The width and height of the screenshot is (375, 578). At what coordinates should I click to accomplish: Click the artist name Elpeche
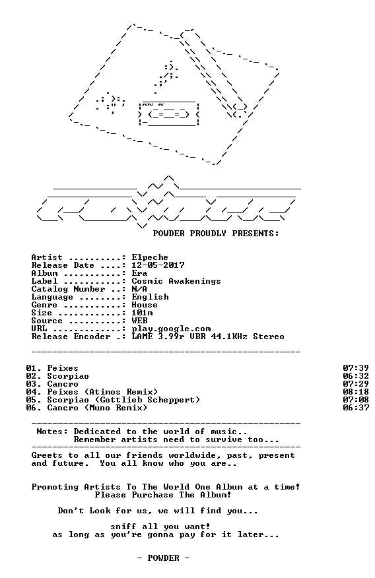coord(150,257)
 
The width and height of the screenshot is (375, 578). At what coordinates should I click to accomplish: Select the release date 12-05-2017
coord(158,265)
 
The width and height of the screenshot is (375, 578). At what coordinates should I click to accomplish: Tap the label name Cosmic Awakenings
coord(176,281)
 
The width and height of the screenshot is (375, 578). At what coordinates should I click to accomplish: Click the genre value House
coord(145,305)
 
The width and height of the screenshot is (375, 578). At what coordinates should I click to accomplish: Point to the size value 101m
coord(142,313)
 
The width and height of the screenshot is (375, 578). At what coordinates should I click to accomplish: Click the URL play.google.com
coord(171,329)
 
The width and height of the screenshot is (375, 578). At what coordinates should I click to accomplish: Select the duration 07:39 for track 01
coord(356,368)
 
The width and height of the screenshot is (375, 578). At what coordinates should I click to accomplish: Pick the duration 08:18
coord(356,392)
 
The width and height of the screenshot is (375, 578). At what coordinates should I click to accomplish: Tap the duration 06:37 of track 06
coord(356,408)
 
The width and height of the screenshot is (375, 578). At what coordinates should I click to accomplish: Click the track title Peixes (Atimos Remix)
coord(102,392)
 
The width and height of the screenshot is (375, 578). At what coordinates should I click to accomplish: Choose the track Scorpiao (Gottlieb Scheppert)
coord(123,400)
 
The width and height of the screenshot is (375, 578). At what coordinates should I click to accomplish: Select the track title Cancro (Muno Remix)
coord(97,408)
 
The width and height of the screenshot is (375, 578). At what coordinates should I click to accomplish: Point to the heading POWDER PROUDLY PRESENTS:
coord(216,234)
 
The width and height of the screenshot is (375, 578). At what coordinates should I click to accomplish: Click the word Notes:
coord(52,432)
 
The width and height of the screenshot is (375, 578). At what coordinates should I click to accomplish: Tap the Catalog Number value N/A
coord(139,289)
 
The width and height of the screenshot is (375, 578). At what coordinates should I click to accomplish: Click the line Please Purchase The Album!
coord(163,495)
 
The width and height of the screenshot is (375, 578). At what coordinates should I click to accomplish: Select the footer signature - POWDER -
coord(163,558)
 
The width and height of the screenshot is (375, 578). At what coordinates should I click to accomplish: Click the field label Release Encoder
coord(71,337)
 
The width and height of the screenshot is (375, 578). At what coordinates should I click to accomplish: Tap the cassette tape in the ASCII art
coord(169,113)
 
